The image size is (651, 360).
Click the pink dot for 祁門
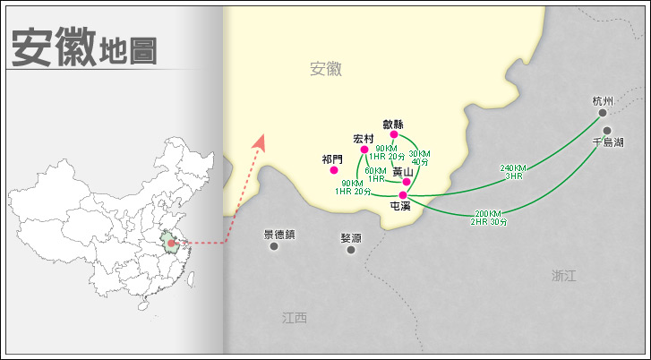334,170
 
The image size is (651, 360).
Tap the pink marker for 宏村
364,150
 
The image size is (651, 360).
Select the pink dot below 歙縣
394,135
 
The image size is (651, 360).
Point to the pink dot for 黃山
407,182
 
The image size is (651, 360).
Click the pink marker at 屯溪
403,195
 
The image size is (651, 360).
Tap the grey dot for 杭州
603,113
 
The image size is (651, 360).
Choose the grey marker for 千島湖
607,131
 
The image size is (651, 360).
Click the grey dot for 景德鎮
274,245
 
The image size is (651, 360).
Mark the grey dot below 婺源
351,250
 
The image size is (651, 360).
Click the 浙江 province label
564,276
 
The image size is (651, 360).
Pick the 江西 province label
294,318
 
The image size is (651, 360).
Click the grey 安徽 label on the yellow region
326,69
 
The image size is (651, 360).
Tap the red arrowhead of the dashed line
261,141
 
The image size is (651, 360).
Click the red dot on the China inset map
170,242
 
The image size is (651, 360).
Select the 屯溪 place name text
400,207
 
